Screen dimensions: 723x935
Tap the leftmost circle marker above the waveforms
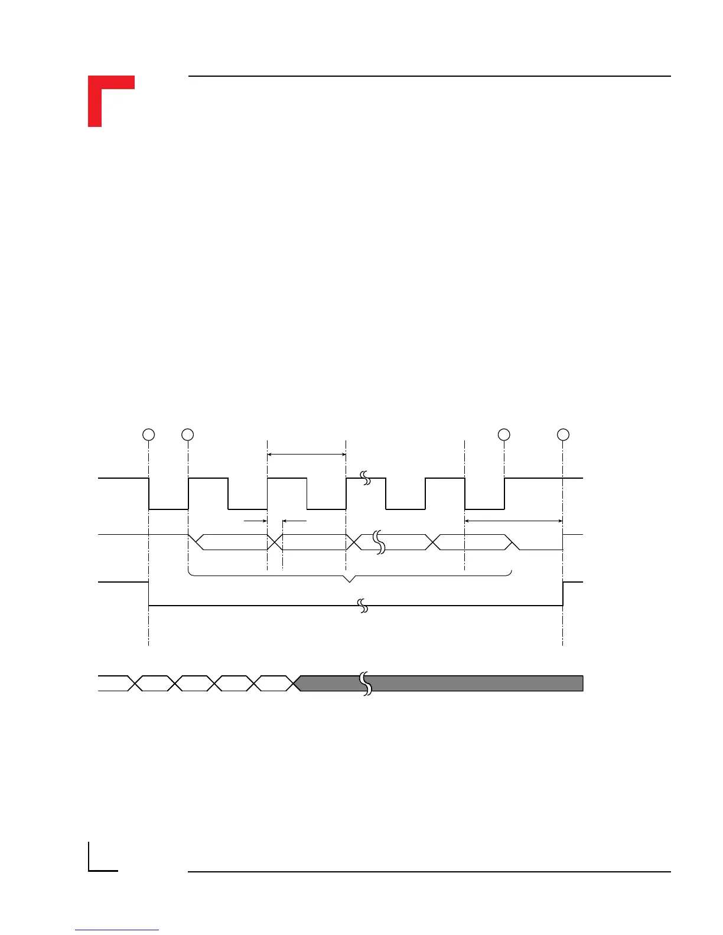tap(149, 434)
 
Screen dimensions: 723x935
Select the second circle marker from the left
tap(188, 434)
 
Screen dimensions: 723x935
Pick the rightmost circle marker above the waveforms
tap(563, 434)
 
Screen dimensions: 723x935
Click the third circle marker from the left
tap(504, 434)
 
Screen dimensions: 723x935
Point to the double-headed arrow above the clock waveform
tap(307, 455)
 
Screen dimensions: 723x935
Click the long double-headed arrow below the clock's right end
tap(514, 521)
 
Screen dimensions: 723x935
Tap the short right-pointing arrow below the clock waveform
tap(255, 521)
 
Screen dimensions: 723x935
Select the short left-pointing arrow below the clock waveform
tap(294, 521)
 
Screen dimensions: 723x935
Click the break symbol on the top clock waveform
tap(366, 478)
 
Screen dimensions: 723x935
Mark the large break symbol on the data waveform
tap(379, 542)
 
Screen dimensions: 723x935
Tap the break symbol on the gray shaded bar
tap(366, 684)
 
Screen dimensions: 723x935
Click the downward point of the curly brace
tap(350, 581)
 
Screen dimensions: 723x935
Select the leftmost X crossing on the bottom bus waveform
tap(135, 684)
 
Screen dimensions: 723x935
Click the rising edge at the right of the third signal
tap(563, 594)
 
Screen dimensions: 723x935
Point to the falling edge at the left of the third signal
tap(148, 594)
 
